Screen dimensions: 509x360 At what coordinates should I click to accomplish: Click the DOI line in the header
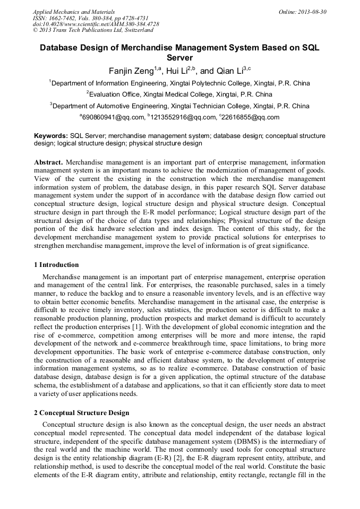(x=96, y=24)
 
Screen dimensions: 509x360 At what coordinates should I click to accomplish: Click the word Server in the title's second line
(x=180, y=57)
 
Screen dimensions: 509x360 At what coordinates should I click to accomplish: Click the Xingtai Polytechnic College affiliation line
(x=180, y=83)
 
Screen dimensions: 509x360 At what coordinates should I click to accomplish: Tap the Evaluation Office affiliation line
(x=180, y=94)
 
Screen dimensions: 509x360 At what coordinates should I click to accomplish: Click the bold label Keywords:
(x=51, y=136)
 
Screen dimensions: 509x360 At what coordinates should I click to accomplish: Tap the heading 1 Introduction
(x=56, y=265)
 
